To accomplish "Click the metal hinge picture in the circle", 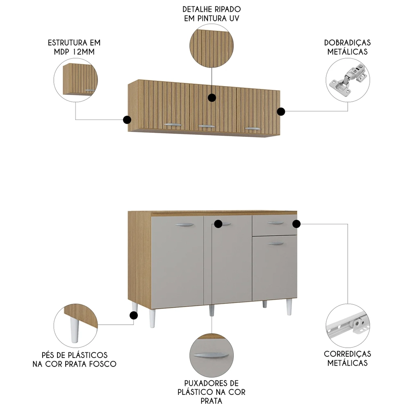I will click(347, 81).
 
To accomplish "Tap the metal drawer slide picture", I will click(347, 326).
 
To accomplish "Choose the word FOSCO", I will click(104, 364).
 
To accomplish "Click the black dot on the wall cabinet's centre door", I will click(212, 98).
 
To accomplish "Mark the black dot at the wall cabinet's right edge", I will click(281, 112).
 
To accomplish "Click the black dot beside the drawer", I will click(296, 223).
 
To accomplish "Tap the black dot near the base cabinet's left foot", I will click(133, 315).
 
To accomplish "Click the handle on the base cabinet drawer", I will click(275, 223).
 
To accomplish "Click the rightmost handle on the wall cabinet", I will click(253, 129).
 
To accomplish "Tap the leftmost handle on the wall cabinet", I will click(172, 123).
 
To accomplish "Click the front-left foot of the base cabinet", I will click(152, 318).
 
